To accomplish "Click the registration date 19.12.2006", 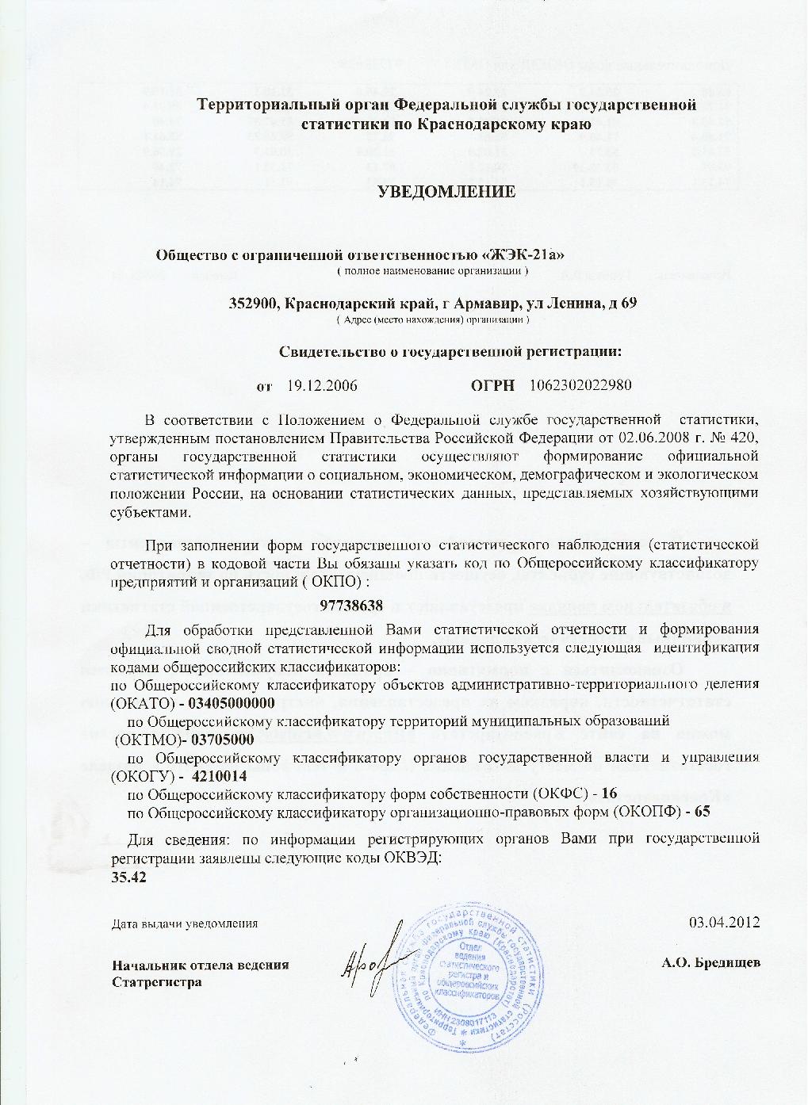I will (x=321, y=386).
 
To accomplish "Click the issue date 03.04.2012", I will (x=726, y=923).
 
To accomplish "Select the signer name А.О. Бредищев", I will (x=711, y=963).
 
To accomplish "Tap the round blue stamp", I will (x=467, y=979).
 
